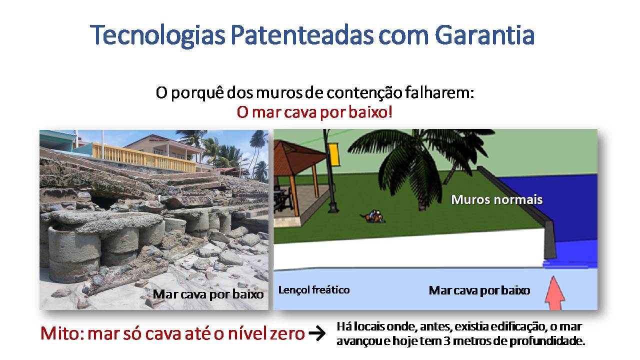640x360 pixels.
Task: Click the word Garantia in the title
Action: click(x=484, y=35)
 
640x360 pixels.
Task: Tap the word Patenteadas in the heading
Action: click(x=301, y=35)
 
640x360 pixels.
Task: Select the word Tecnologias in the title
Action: click(x=157, y=36)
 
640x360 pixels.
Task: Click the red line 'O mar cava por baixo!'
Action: click(x=314, y=112)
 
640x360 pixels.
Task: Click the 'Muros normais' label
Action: click(x=497, y=199)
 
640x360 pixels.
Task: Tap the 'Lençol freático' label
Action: click(x=314, y=289)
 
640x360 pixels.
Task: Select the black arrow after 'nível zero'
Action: click(x=317, y=333)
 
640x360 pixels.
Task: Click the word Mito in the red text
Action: click(x=60, y=333)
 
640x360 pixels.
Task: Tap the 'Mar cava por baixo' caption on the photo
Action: click(x=208, y=294)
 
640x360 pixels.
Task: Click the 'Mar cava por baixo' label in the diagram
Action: click(x=479, y=290)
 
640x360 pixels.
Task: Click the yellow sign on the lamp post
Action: click(x=333, y=154)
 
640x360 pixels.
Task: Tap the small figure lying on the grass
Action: click(x=372, y=216)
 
